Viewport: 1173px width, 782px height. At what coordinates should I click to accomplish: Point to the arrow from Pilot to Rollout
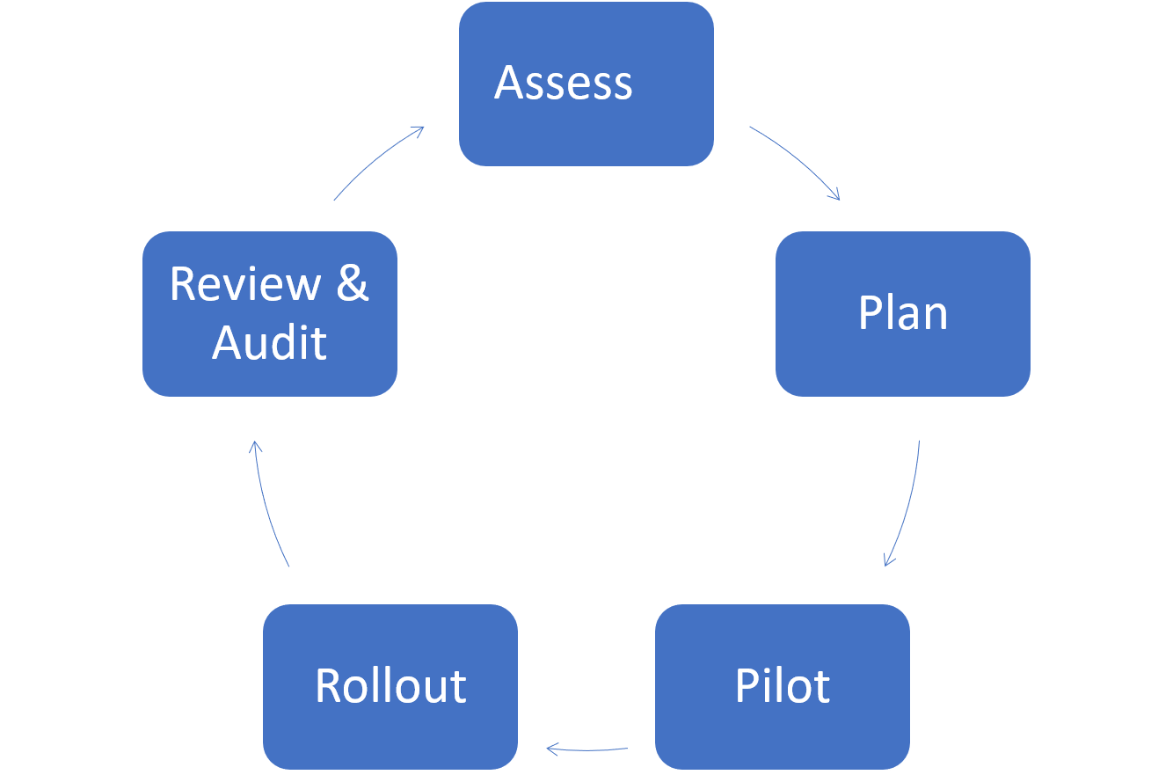(587, 749)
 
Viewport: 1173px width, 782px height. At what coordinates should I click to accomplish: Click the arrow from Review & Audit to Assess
(378, 160)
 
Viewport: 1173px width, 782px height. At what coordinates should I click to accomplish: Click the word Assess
(564, 84)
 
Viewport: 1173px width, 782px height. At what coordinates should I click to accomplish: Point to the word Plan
(902, 313)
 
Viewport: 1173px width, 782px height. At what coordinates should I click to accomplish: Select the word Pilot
(782, 686)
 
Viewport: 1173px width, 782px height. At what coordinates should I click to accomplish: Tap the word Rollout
(390, 686)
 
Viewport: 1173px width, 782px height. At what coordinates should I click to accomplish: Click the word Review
(245, 284)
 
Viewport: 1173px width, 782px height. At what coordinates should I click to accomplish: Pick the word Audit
(269, 342)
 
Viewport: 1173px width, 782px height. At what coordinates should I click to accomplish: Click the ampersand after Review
(352, 284)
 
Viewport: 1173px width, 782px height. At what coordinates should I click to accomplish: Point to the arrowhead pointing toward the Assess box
(419, 130)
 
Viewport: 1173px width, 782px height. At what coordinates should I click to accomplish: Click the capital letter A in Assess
(509, 84)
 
